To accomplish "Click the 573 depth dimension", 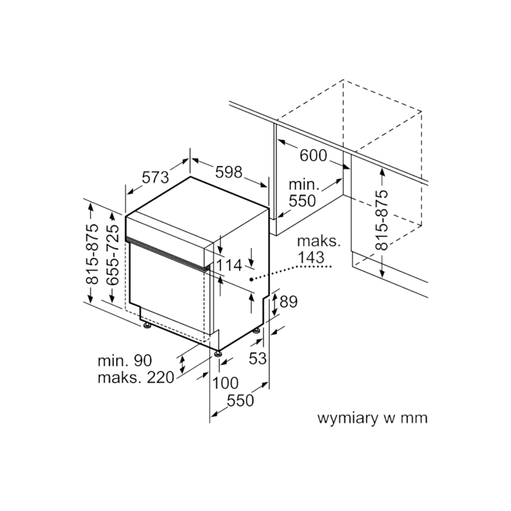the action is click(x=155, y=177).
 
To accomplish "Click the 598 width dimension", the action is click(x=229, y=172).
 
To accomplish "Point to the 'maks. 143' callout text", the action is click(x=319, y=250).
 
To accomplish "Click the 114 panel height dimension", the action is click(x=230, y=265).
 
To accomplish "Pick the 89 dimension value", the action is click(x=289, y=301).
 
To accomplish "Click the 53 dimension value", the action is click(x=258, y=359).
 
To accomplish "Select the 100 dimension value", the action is click(x=225, y=383).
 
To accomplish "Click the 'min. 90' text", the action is click(x=125, y=360).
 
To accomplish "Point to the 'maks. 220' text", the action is click(x=136, y=378).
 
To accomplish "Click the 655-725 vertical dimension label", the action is click(x=112, y=255).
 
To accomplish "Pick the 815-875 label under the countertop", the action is click(x=382, y=220).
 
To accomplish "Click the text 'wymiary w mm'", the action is click(x=373, y=419).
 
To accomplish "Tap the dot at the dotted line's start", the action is click(x=250, y=279).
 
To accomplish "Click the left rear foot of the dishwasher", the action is click(x=146, y=326).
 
